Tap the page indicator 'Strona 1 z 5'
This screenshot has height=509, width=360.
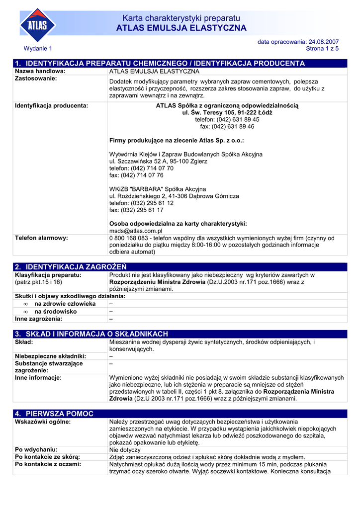pos(322,49)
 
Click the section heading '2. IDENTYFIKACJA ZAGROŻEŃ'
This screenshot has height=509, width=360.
pos(71,267)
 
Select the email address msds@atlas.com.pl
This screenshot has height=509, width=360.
pos(136,231)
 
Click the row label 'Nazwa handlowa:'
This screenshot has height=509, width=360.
pos(40,72)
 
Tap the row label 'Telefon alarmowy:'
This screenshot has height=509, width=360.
pos(41,238)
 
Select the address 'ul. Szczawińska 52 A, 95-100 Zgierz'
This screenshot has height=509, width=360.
pos(158,162)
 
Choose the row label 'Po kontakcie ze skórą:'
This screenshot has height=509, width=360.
pos(48,457)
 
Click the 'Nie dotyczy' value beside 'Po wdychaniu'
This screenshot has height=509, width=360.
pos(125,450)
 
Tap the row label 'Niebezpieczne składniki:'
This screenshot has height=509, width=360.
pos(51,356)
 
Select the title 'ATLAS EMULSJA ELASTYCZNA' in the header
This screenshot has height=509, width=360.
pos(181,28)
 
